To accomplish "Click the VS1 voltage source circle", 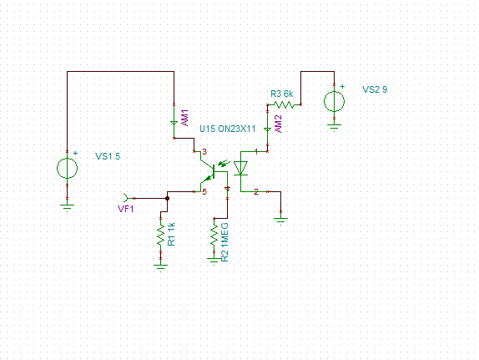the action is tap(68, 168).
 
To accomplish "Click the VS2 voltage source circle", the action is tap(334, 102).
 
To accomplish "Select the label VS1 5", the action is tap(108, 156).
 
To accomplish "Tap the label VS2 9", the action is tap(375, 89).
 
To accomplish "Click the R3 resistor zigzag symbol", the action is tap(284, 105).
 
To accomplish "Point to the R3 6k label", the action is tap(282, 94).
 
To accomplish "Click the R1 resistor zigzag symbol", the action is tap(161, 235).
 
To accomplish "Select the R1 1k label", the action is tap(171, 234).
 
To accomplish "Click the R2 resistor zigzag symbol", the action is tap(214, 235).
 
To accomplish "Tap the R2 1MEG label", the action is tap(224, 242).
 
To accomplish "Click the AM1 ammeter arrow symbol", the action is tap(174, 124).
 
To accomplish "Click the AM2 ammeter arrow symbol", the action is tap(267, 130).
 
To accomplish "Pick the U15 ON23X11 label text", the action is tap(228, 129).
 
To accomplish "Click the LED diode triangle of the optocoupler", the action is tap(240, 168).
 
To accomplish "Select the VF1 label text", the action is tap(126, 209).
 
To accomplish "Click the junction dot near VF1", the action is tap(167, 198).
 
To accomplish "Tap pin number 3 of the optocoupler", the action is tap(204, 152).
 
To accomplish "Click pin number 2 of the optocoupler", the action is tap(256, 192).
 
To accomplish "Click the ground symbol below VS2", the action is tap(334, 127).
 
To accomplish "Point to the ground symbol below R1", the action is tap(161, 268).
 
